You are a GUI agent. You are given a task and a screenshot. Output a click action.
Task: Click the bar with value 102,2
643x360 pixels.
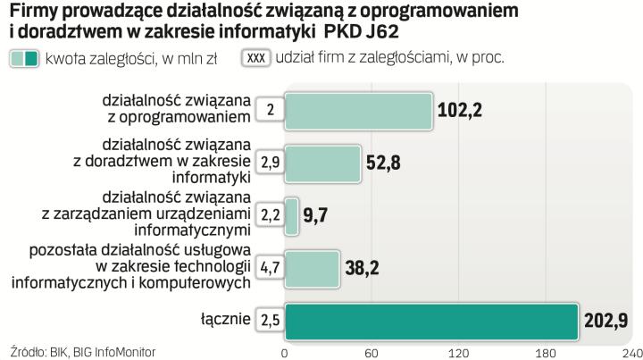(358, 110)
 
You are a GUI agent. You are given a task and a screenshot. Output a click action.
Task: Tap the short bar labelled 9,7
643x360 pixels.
(291, 214)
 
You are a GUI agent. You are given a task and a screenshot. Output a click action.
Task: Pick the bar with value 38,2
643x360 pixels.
(312, 266)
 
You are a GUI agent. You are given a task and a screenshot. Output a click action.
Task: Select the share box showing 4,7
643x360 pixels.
(270, 266)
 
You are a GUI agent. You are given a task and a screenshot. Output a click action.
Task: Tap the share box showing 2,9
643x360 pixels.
(270, 162)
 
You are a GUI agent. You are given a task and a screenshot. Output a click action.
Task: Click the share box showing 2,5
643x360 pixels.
(270, 319)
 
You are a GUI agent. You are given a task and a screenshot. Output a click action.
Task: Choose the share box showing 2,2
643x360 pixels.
(270, 214)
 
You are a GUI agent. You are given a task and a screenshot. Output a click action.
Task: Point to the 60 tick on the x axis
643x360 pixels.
(372, 352)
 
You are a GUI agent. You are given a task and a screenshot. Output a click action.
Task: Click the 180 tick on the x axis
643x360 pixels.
(547, 352)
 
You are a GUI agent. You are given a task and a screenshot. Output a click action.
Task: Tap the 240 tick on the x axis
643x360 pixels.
(631, 352)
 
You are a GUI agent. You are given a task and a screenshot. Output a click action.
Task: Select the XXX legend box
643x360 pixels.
(256, 59)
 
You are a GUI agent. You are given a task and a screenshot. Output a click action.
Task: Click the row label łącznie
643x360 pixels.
(225, 319)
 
